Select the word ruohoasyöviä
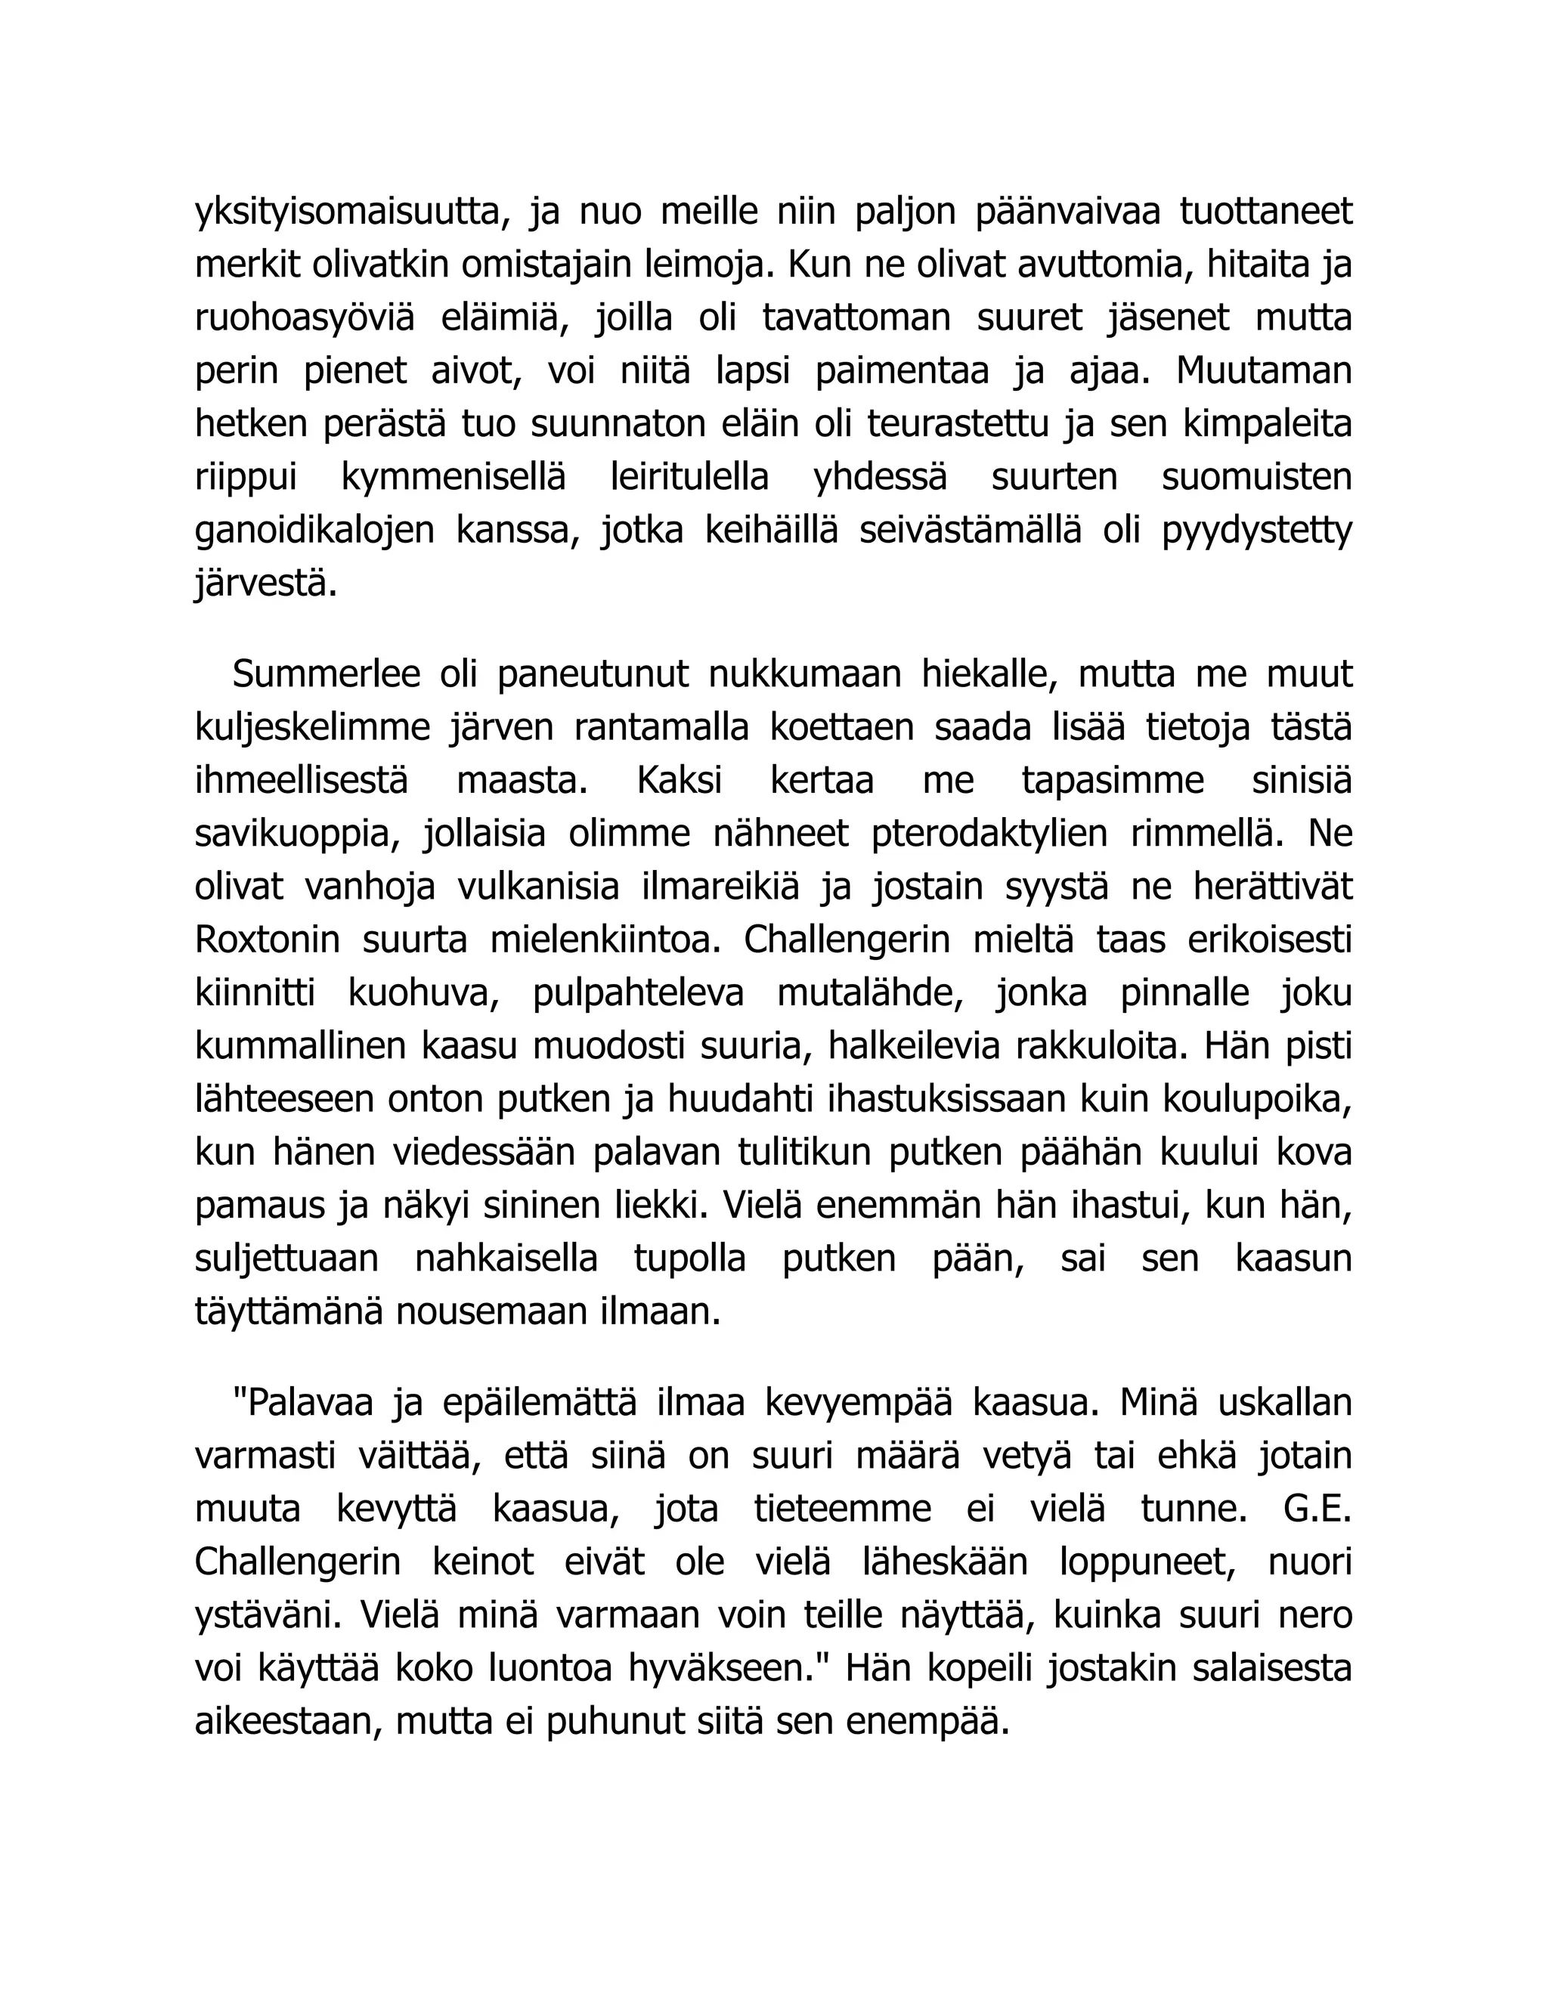pyautogui.click(x=305, y=319)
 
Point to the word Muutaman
pyautogui.click(x=1264, y=371)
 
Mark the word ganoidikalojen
pyautogui.click(x=314, y=531)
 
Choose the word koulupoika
pyautogui.click(x=1257, y=1100)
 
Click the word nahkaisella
pyautogui.click(x=506, y=1258)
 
